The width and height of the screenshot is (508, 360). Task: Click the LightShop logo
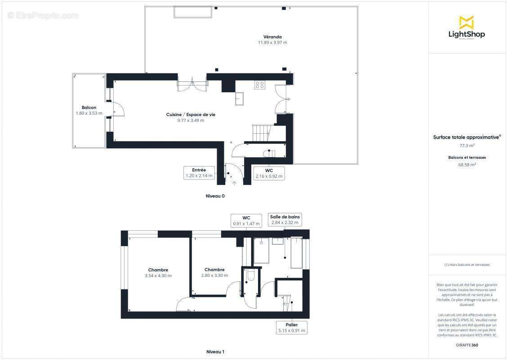466,28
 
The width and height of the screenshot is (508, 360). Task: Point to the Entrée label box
198,173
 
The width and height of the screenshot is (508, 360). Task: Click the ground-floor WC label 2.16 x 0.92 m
269,173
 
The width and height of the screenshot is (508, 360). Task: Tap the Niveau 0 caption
215,196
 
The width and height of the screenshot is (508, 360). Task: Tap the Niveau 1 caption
215,352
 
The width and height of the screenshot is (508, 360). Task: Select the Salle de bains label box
285,220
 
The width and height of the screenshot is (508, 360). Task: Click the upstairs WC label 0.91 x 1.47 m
246,220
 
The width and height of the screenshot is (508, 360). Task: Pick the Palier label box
291,328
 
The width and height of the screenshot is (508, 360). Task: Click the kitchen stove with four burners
260,85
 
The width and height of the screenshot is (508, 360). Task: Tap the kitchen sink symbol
240,99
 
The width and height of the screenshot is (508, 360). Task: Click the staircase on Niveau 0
261,133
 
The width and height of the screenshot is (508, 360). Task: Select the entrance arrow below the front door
234,183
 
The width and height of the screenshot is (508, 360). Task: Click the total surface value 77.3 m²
467,146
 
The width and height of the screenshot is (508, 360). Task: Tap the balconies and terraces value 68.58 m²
467,165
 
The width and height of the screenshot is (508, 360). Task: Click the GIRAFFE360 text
467,344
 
